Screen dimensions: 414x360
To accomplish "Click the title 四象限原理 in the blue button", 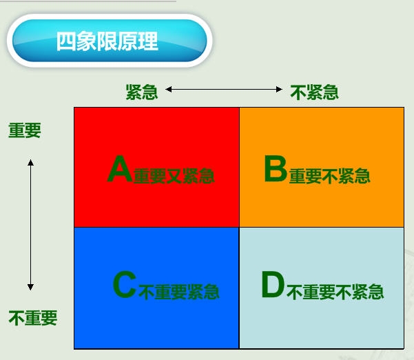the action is [x=107, y=41].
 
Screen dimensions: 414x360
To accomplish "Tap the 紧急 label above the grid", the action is [x=142, y=92].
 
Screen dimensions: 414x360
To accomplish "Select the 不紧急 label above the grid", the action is [x=314, y=92].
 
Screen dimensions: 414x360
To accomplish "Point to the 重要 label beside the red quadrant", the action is [x=25, y=130].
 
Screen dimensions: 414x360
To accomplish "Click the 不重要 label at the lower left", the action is [x=33, y=318].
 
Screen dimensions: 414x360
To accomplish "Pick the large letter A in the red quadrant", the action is [x=120, y=169].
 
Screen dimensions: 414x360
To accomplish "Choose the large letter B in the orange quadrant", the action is [x=276, y=169].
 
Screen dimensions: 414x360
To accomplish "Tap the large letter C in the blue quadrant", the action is [x=125, y=286].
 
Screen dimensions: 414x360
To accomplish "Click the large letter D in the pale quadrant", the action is [x=273, y=285].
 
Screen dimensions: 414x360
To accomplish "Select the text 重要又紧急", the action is [x=174, y=176].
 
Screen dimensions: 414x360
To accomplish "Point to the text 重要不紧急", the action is [x=330, y=176].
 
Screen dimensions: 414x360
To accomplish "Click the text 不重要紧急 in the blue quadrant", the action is [x=179, y=292].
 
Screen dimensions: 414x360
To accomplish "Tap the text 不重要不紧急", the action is [x=335, y=292].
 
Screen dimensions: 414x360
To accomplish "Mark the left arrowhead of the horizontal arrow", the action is [x=169, y=90].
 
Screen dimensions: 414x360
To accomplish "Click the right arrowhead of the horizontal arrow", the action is [x=280, y=90].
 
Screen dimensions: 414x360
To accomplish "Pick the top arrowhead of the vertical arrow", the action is [x=30, y=162].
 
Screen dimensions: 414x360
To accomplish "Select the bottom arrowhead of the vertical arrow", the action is [x=30, y=287].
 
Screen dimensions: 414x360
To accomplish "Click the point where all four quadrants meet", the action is [x=239, y=227].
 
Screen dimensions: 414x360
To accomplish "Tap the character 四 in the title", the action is [x=66, y=41].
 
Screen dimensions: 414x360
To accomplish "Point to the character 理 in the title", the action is [x=148, y=41].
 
